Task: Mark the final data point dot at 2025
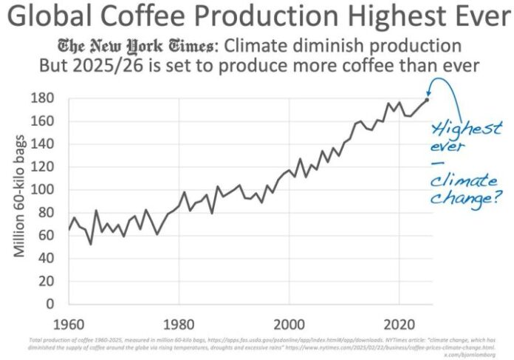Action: (x=427, y=100)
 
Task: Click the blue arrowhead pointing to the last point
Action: (x=431, y=96)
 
